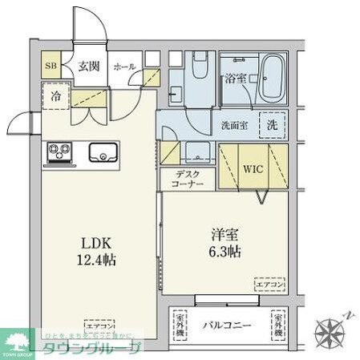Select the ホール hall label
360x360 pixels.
[124, 67]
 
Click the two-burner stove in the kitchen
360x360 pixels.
[58, 151]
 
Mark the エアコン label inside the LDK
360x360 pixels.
[100, 326]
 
